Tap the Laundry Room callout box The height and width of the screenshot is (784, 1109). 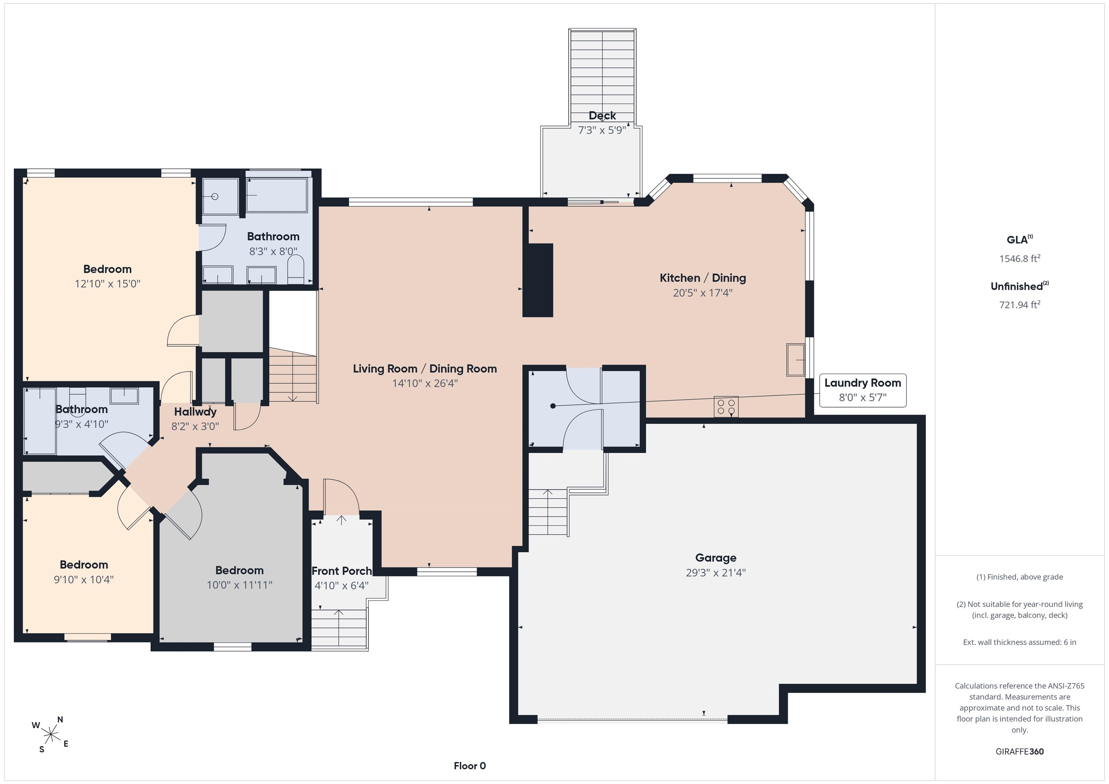(x=863, y=390)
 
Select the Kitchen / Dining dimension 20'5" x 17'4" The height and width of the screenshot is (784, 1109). (x=703, y=293)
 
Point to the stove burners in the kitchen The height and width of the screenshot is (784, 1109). (x=726, y=407)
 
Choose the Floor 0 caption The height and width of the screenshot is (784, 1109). (x=470, y=766)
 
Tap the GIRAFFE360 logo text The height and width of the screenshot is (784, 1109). (x=1019, y=751)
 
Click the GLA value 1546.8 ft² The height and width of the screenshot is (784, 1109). (x=1019, y=258)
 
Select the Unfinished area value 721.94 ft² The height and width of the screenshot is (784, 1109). (x=1019, y=305)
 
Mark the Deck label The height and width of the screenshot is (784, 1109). (x=602, y=116)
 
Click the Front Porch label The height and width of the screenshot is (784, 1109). (x=342, y=571)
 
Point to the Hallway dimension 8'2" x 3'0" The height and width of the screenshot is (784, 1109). (x=195, y=426)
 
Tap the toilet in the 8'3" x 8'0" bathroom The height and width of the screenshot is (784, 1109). (x=296, y=270)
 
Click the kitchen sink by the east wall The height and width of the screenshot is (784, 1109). (x=796, y=360)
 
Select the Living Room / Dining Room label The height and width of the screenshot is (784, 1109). (x=425, y=369)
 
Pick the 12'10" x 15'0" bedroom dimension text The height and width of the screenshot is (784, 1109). (x=107, y=284)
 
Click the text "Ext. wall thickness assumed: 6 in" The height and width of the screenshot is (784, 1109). (x=1019, y=642)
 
